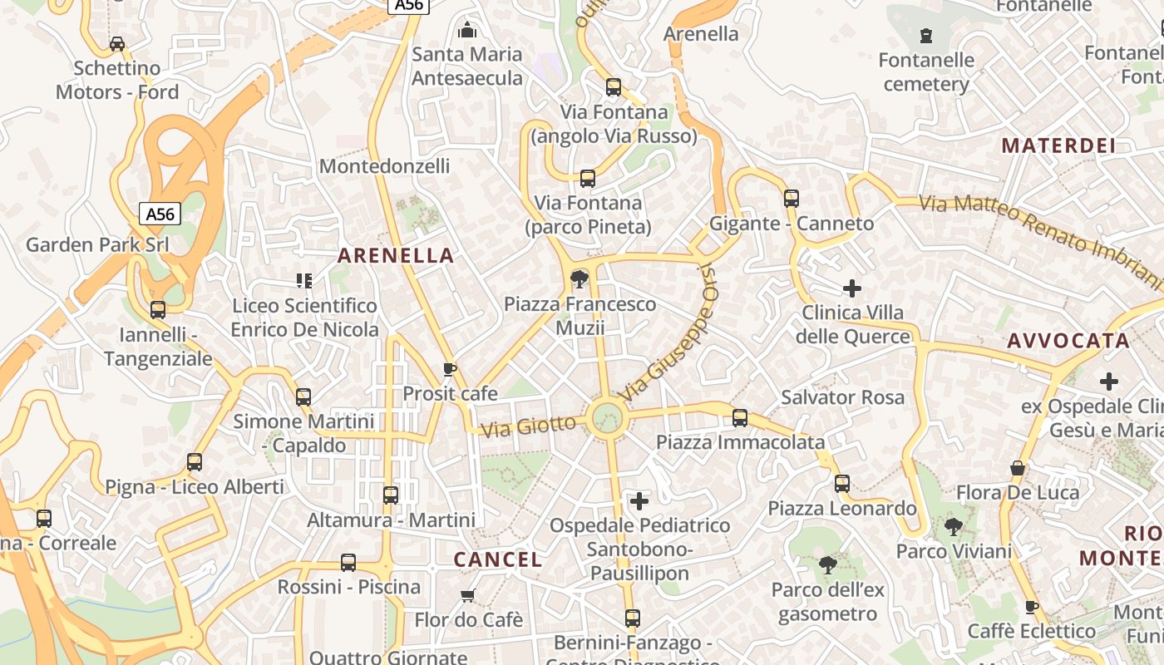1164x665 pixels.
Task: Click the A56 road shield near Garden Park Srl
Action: click(x=160, y=214)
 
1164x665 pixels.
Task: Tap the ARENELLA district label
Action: click(x=396, y=256)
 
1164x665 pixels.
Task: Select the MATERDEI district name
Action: click(x=1058, y=146)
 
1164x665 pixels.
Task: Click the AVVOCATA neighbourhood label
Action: click(x=1068, y=341)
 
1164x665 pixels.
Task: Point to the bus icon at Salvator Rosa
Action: click(x=740, y=418)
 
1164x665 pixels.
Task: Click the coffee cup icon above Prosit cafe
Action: click(x=450, y=369)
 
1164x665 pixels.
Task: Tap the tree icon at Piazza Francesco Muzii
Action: click(x=580, y=279)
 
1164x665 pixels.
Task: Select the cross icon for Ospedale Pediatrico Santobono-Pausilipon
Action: click(x=639, y=501)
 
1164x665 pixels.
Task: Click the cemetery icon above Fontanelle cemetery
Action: click(x=926, y=36)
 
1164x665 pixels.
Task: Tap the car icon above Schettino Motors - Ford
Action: click(x=117, y=44)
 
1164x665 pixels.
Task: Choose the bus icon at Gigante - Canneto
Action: click(x=792, y=199)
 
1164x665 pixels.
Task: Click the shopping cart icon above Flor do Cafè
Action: click(x=468, y=595)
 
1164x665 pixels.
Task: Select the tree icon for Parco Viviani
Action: click(x=954, y=526)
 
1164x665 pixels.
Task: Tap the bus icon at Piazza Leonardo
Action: click(x=842, y=484)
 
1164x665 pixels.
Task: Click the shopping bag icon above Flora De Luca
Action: click(x=1017, y=468)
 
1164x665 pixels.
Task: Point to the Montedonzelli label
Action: click(x=385, y=166)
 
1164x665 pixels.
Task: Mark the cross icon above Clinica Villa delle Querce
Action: click(x=852, y=288)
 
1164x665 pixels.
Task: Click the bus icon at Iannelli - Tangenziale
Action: click(x=158, y=310)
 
